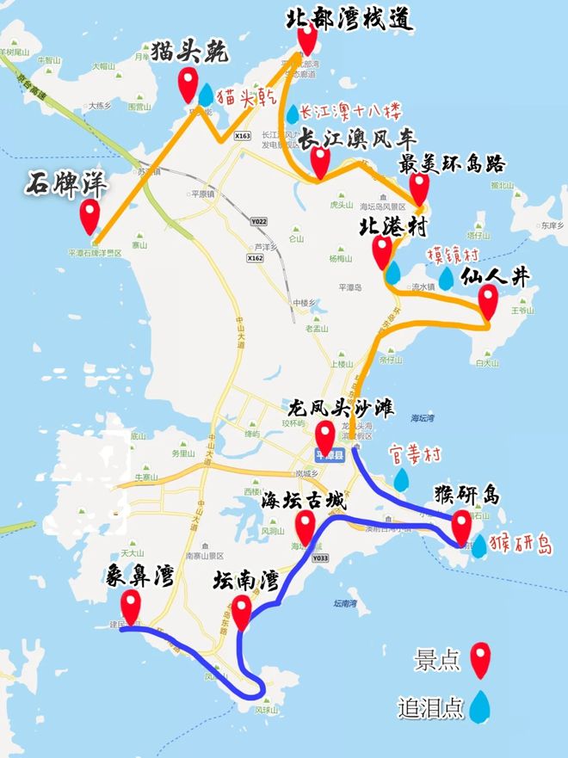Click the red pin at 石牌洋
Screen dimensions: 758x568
90,215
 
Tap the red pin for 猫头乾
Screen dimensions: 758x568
188,84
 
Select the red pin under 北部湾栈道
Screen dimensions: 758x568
306,39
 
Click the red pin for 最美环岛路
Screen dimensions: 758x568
419,187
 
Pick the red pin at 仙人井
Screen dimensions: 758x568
489,300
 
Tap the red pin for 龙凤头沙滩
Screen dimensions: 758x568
325,436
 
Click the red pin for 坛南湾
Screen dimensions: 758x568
241,610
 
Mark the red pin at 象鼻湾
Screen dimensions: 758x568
131,605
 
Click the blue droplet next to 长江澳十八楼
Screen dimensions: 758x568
293,113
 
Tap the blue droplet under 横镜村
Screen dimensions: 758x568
446,279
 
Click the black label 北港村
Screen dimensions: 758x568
394,225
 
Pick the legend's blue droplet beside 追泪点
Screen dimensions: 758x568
479,706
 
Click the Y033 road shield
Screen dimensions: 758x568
320,558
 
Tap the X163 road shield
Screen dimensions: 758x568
242,136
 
